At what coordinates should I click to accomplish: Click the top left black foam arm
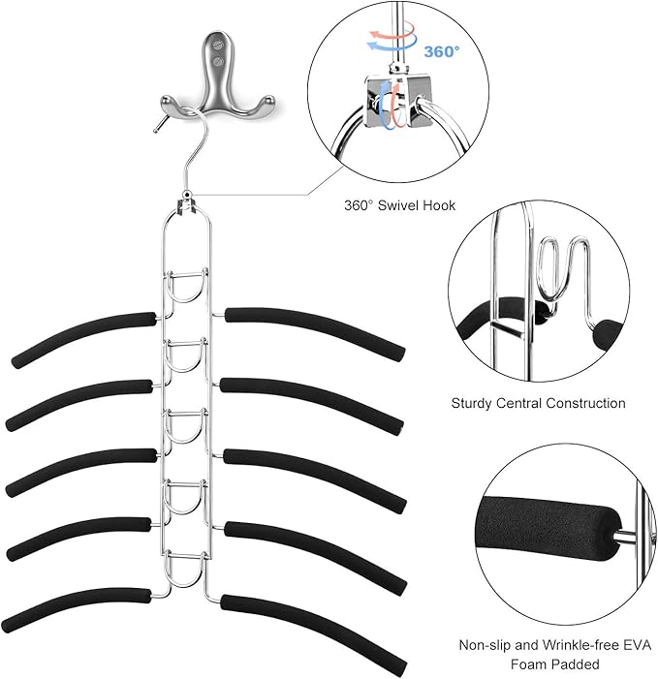(83, 340)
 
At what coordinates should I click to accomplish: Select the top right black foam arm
(311, 328)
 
